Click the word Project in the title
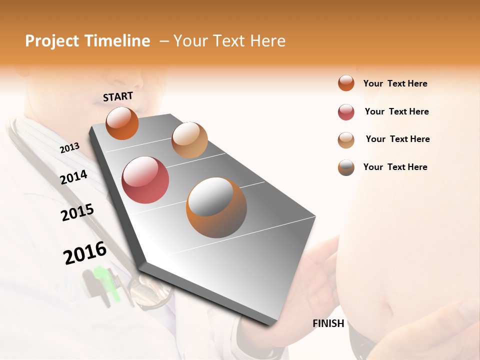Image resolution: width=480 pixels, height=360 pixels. (x=52, y=41)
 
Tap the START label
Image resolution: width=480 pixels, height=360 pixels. (x=118, y=96)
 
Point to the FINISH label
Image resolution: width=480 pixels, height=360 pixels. (x=328, y=323)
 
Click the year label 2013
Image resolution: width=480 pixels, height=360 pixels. (x=69, y=148)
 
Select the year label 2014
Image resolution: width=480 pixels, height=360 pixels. (x=73, y=177)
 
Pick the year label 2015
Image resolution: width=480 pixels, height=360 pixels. (x=77, y=212)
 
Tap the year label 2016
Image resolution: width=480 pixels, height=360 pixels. (x=84, y=252)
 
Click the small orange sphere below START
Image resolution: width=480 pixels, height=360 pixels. (x=122, y=123)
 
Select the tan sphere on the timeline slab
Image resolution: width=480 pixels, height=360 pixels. (x=189, y=140)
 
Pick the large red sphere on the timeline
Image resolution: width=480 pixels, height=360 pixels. (x=145, y=180)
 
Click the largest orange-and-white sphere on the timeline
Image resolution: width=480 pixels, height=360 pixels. (x=216, y=207)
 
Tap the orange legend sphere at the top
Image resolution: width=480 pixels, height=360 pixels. (x=346, y=83)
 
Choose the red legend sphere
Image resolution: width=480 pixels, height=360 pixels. (x=346, y=112)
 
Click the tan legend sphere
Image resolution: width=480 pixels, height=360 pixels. (x=346, y=140)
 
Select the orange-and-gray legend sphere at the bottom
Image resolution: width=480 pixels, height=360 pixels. (x=346, y=167)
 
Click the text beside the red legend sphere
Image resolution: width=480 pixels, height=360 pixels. (x=396, y=111)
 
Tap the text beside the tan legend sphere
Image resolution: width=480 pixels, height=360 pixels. (x=397, y=139)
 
